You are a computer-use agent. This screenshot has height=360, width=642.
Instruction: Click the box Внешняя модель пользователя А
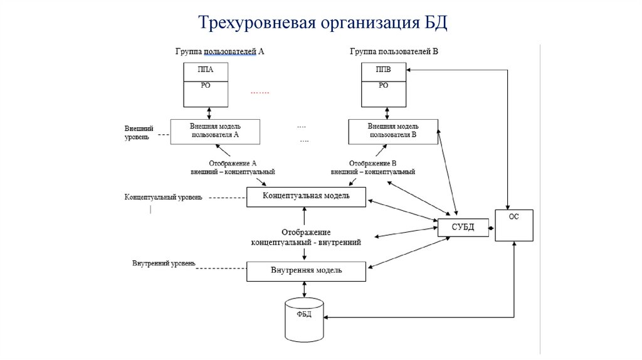tap(214, 131)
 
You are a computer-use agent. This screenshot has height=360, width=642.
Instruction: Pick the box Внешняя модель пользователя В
tap(392, 131)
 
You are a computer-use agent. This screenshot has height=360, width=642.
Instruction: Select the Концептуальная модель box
tap(306, 197)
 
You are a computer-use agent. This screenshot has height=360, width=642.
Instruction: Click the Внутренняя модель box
tap(306, 271)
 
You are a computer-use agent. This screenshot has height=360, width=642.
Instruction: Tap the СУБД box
tap(463, 227)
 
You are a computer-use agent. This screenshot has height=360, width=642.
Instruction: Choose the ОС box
tap(514, 225)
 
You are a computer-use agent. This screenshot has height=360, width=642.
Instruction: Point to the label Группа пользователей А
tap(219, 52)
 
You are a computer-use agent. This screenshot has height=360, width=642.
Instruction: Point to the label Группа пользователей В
tap(394, 52)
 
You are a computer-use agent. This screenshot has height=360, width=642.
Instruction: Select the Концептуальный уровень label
tap(164, 198)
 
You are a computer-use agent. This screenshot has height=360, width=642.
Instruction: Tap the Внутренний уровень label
tap(164, 263)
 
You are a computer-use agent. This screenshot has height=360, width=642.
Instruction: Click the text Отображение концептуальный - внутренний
tap(306, 237)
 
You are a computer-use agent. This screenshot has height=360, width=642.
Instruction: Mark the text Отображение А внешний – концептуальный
tap(233, 167)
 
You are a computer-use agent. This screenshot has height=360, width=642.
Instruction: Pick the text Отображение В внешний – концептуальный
tap(373, 167)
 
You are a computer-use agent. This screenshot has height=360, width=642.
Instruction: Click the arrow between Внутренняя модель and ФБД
tap(304, 289)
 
